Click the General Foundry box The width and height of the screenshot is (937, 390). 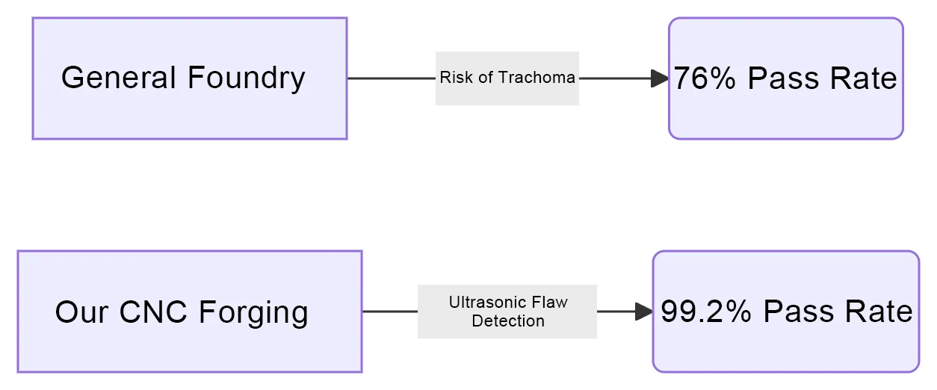point(190,78)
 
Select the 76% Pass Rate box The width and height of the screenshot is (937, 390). point(785,78)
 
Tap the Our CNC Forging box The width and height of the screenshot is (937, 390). point(190,312)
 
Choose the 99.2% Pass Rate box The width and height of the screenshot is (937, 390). point(785,312)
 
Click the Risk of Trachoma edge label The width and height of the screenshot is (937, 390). point(507,78)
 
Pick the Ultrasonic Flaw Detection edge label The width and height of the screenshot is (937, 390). point(507,312)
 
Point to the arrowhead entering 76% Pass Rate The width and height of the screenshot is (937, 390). point(660,78)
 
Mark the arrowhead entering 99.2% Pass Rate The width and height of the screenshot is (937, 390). point(644,312)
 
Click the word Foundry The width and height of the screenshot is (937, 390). point(246,78)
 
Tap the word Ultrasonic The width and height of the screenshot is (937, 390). point(485,303)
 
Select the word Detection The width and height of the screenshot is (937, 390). point(508,321)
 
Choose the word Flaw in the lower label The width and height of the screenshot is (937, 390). point(549,303)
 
